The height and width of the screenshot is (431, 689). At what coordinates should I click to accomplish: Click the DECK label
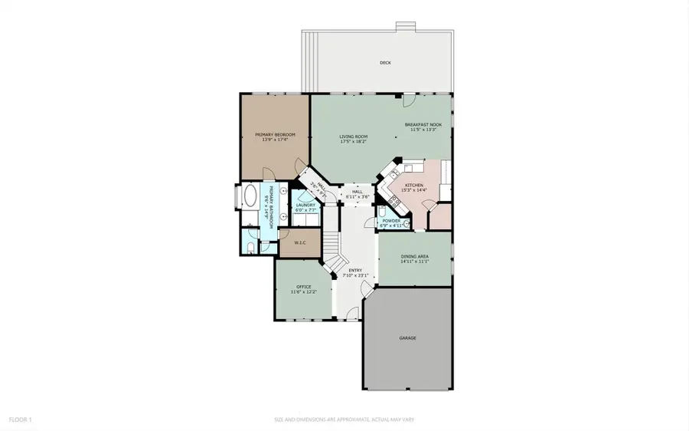(385, 62)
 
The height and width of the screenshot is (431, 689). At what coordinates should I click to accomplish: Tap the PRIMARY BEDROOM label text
(275, 134)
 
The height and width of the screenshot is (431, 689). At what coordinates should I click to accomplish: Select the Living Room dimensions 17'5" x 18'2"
(353, 140)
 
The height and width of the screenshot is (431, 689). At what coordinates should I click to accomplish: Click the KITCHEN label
(414, 185)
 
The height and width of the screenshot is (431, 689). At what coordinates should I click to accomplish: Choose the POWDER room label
(391, 221)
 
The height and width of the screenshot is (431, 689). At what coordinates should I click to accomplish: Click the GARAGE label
(407, 337)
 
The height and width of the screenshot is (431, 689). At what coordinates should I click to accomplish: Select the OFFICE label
(303, 287)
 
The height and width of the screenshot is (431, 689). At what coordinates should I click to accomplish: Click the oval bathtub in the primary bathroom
(251, 197)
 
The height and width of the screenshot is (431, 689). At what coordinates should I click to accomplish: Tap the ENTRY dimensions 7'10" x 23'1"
(358, 275)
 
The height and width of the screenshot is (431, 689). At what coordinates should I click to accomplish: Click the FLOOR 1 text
(20, 419)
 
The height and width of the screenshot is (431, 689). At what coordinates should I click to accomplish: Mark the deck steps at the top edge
(406, 27)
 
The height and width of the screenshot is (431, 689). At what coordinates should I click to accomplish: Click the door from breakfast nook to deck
(410, 100)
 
